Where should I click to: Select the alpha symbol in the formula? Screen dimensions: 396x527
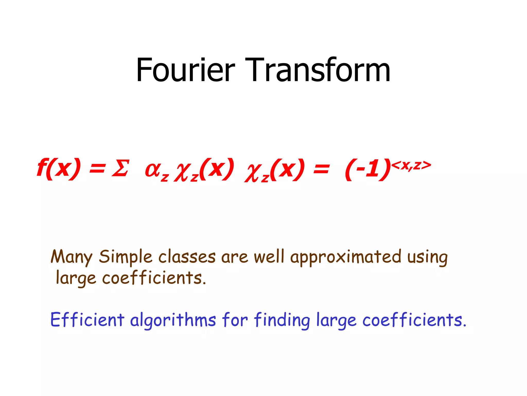coord(153,170)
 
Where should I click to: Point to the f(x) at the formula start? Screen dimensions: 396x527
coord(59,169)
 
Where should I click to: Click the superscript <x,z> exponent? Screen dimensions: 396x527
coord(411,165)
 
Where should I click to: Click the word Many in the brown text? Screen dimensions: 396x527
coord(72,257)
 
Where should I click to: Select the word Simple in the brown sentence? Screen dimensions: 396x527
coord(126,257)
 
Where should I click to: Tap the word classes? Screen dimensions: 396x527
coord(187,257)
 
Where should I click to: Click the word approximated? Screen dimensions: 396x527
coord(346,257)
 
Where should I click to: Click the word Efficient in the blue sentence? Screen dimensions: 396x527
coord(87,320)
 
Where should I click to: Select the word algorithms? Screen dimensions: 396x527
coord(173,320)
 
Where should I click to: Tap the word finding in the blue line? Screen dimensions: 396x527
coord(282,320)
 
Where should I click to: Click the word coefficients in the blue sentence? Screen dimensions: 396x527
coord(414,320)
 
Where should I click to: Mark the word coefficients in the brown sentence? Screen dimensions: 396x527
coord(154,278)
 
